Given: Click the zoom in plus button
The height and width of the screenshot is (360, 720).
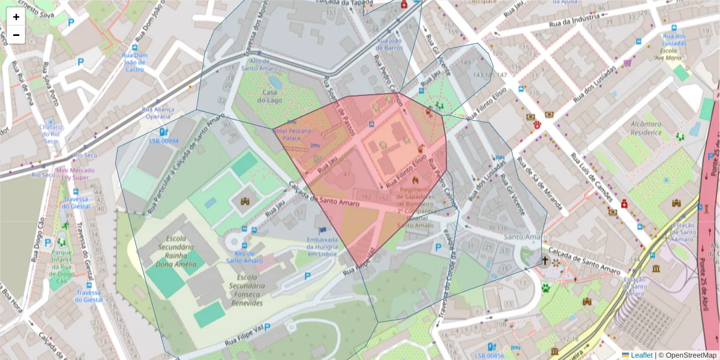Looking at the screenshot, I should coord(16,17).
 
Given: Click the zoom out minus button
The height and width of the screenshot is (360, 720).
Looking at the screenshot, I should coord(16,35).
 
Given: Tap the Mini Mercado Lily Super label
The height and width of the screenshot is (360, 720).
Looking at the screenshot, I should coord(75,174).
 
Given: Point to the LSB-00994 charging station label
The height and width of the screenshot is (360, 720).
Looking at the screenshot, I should coord(164,141).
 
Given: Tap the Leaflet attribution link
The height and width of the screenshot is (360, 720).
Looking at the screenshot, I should coord(641,355).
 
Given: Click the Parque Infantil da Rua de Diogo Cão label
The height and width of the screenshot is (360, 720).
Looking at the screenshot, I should coord(62,266).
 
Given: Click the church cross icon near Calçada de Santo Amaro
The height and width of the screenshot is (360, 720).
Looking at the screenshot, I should coord(545,260).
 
